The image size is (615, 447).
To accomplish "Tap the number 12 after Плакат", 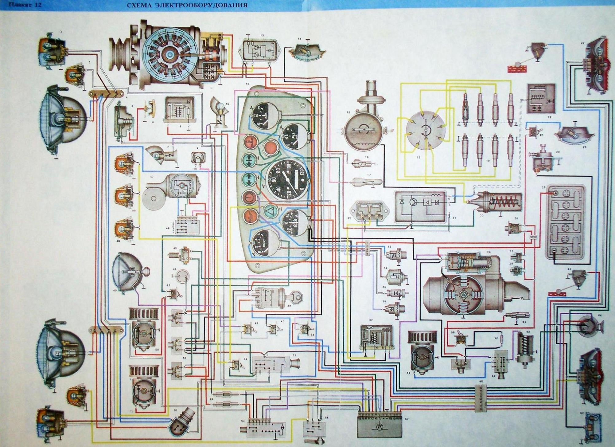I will tap(38, 5).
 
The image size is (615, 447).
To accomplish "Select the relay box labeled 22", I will tap(541, 98).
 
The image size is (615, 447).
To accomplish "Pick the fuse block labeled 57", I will tap(380, 424).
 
